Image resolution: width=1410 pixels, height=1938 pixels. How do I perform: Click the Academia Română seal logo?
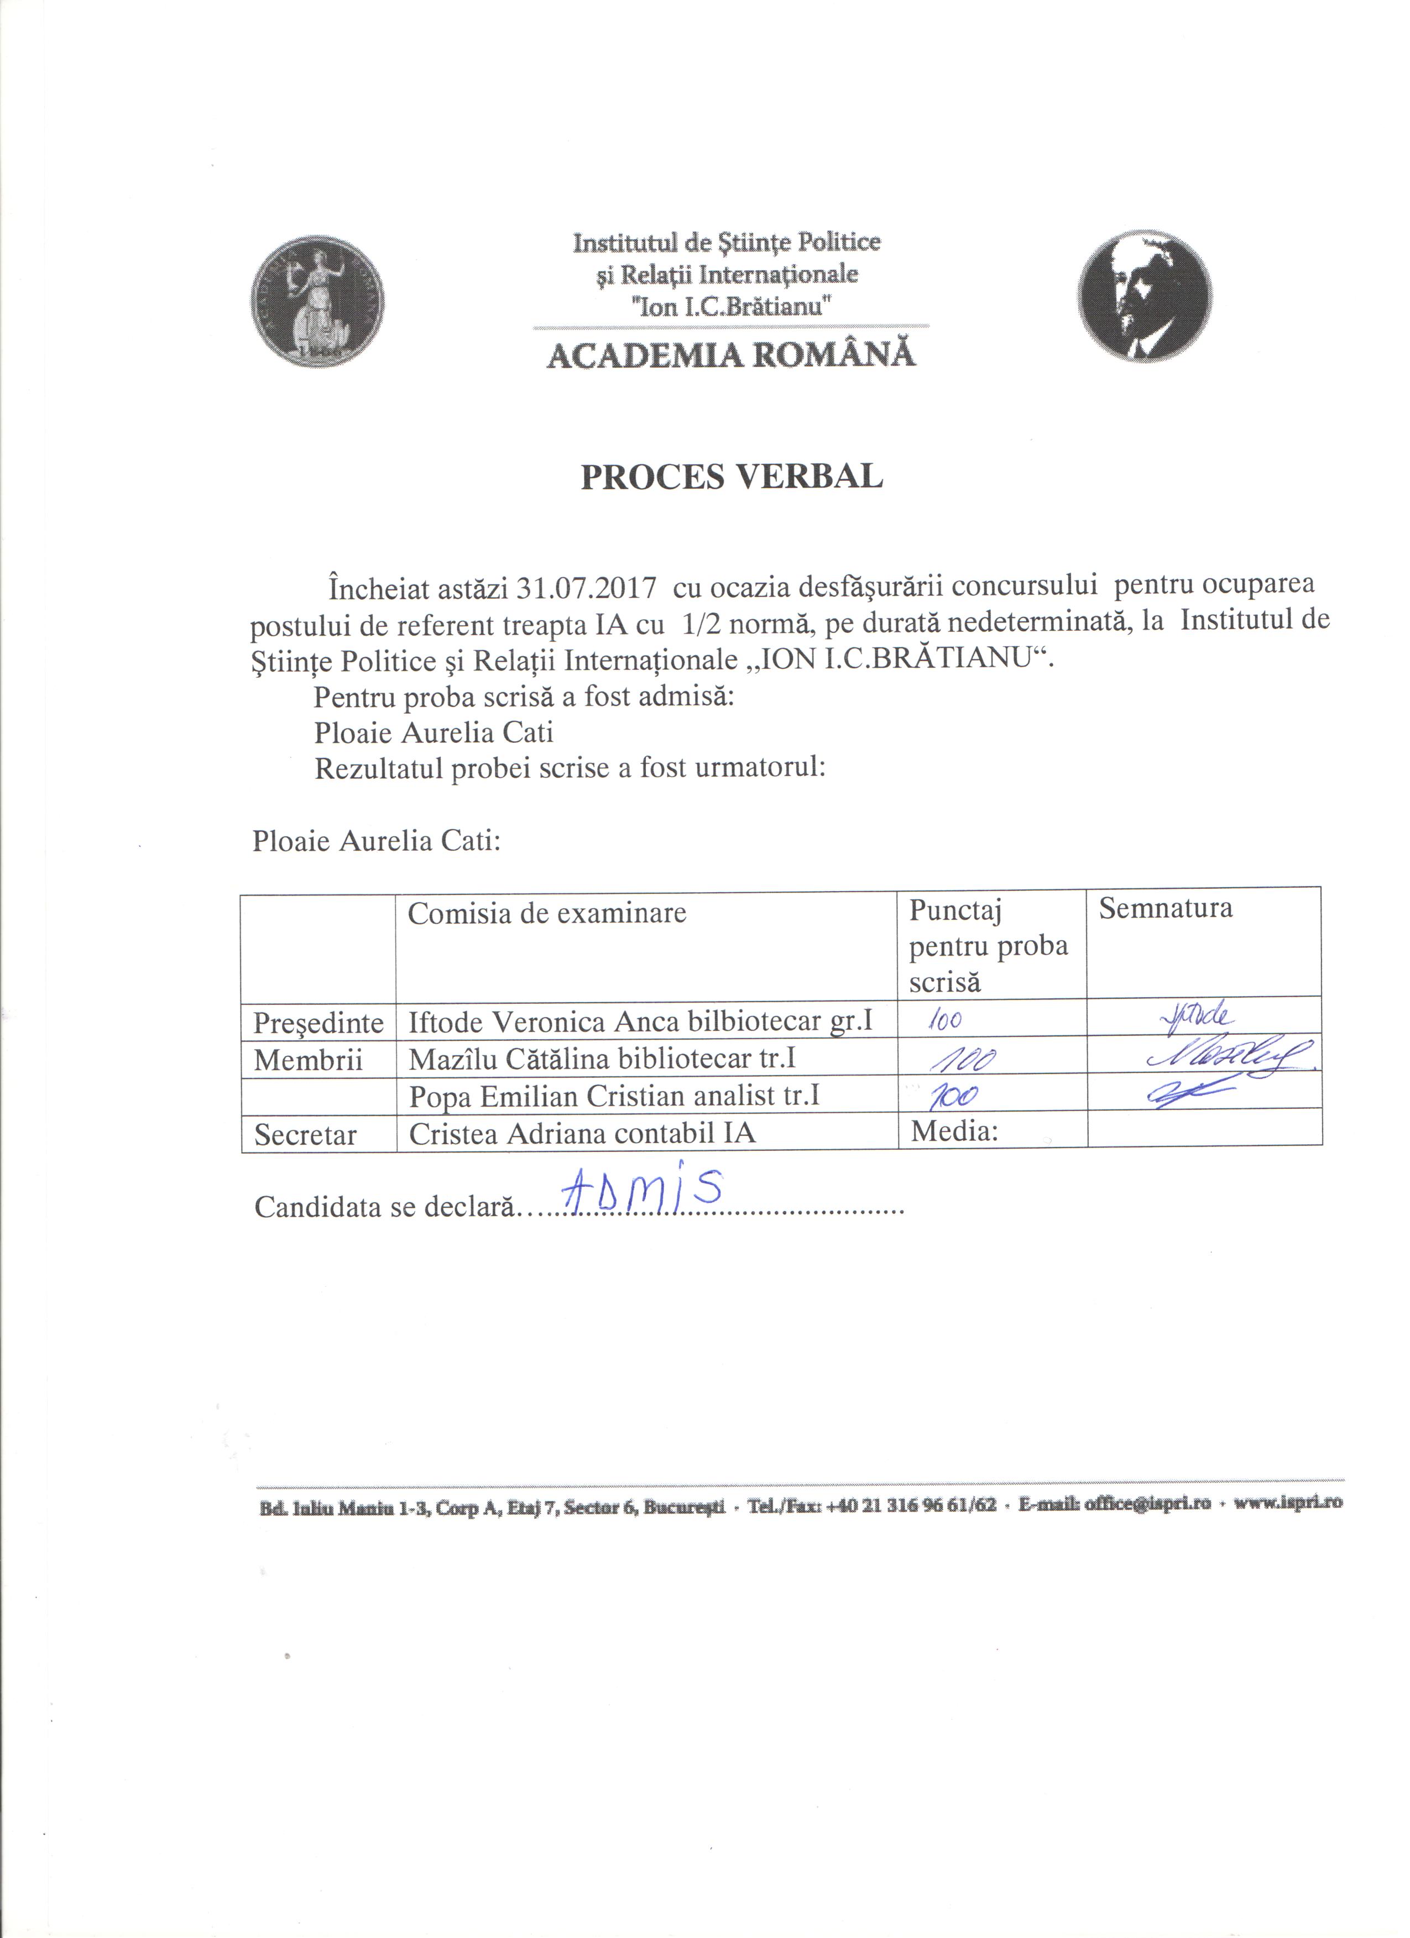317,302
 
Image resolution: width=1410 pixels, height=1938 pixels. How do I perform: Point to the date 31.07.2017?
586,589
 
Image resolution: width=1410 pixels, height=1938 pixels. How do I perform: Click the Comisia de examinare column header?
547,914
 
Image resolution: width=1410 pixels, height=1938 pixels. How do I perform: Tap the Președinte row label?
318,1023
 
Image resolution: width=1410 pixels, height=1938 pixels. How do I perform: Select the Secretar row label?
305,1135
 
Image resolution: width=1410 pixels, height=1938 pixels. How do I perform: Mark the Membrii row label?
307,1060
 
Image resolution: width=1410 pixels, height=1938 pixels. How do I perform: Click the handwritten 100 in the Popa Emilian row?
953,1096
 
